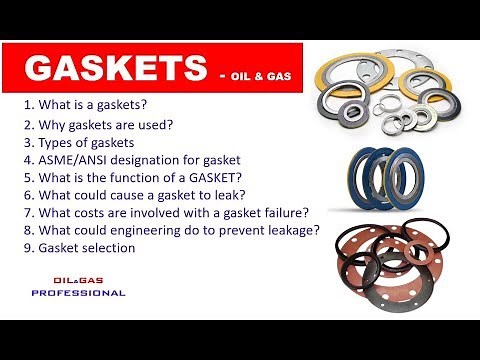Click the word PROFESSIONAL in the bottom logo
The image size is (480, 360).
(79, 293)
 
